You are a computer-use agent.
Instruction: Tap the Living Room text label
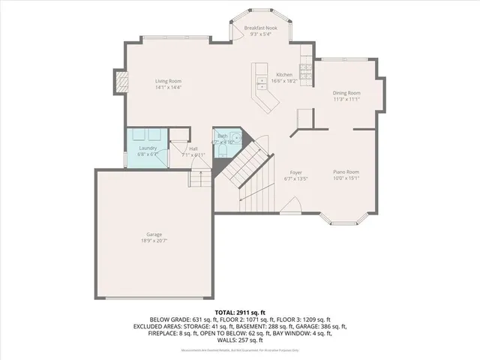pyautogui.click(x=168, y=81)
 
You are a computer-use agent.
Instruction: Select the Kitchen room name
pyautogui.click(x=284, y=75)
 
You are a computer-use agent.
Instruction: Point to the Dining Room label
pyautogui.click(x=346, y=92)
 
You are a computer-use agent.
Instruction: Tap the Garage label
pyautogui.click(x=153, y=234)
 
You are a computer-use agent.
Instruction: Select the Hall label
pyautogui.click(x=193, y=148)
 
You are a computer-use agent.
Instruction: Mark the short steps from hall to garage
pyautogui.click(x=199, y=179)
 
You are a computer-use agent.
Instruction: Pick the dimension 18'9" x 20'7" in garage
pyautogui.click(x=153, y=241)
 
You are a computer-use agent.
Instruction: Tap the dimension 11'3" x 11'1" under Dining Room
pyautogui.click(x=346, y=99)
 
